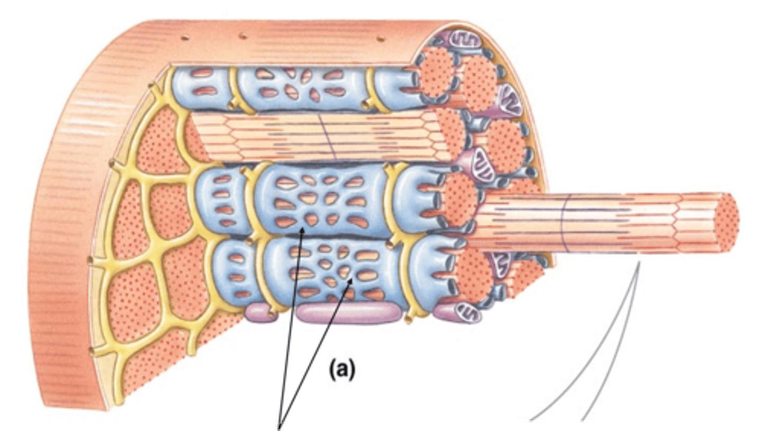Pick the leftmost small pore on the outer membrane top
185,38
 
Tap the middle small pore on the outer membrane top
243,36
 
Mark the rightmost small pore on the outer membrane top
379,38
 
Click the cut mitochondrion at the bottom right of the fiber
467,313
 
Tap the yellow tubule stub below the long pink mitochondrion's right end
408,319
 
